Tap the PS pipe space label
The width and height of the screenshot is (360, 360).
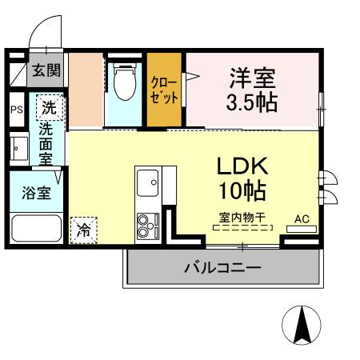(x=16, y=108)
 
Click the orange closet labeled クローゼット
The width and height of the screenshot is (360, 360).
(x=165, y=90)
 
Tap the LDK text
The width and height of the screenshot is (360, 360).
(x=242, y=166)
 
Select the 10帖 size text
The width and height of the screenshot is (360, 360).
(x=242, y=191)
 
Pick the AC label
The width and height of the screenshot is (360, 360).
(x=302, y=218)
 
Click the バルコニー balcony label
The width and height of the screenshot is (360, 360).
(x=222, y=267)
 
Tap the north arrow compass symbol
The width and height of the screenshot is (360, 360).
(x=302, y=325)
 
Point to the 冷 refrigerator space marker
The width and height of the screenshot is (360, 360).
(x=84, y=230)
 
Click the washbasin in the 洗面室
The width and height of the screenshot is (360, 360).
(x=18, y=147)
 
